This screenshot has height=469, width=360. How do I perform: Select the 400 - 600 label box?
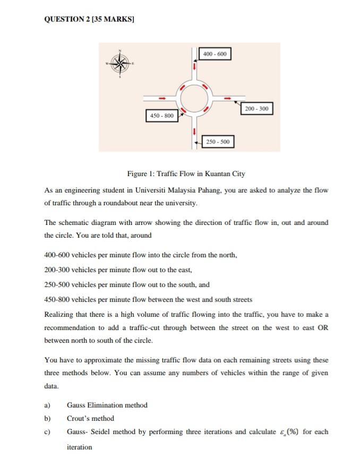(215, 54)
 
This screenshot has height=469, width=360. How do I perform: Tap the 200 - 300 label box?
(257, 109)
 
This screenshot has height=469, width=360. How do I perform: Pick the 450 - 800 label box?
(162, 115)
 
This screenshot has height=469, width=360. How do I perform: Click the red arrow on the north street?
(194, 67)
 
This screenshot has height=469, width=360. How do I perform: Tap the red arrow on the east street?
(229, 98)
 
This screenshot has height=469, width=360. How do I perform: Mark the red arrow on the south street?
(194, 131)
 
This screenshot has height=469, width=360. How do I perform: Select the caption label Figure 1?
(140, 174)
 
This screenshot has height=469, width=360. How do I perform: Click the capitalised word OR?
(323, 327)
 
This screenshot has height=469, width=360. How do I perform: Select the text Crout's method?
(90, 418)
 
